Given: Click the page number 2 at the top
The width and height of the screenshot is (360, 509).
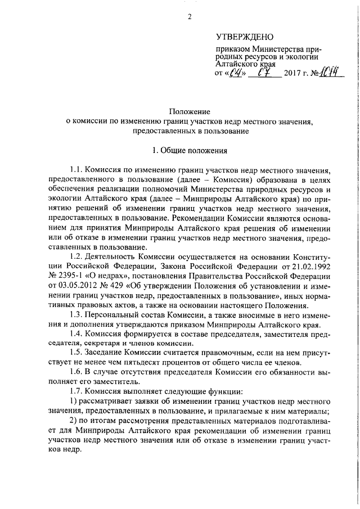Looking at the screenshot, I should coord(190,16).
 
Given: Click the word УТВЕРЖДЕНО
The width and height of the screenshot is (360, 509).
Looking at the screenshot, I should coord(244,38).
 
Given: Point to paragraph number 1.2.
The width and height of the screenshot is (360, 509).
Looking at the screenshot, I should coord(75,256).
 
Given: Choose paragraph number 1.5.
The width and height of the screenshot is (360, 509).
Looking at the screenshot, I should coord(75,352).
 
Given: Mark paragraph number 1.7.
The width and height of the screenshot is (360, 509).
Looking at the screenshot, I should coord(75,390).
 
